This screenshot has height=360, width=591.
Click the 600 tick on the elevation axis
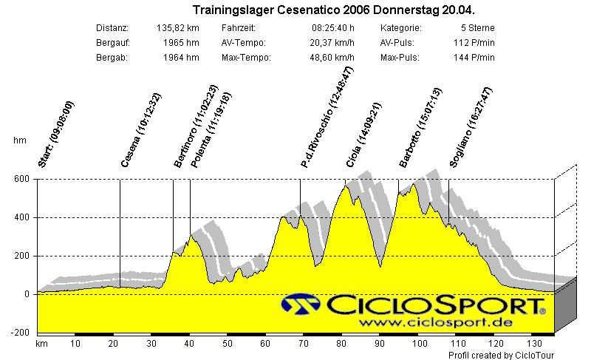pyautogui.click(x=21, y=179)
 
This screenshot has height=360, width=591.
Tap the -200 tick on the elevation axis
pyautogui.click(x=20, y=333)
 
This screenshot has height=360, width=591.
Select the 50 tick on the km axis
pyautogui.click(x=228, y=344)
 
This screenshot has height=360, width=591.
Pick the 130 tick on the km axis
pyautogui.click(x=534, y=344)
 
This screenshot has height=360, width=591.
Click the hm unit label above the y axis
pyautogui.click(x=19, y=140)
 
